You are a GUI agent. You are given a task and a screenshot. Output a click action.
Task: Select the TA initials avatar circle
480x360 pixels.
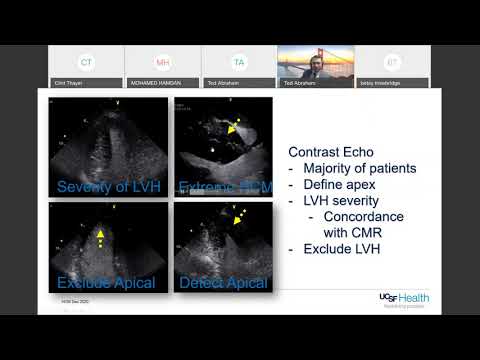pos(238,62)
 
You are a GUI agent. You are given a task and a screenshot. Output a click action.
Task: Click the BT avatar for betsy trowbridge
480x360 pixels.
pos(391,62)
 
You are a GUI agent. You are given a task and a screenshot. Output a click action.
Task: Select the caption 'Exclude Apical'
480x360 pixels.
pos(106,284)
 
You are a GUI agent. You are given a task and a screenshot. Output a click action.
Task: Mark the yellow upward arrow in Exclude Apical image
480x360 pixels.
pos(100,237)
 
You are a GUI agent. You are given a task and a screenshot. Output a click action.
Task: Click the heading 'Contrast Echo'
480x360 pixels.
pos(330,151)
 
